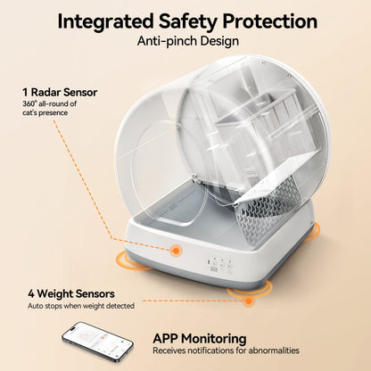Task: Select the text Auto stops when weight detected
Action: tap(79, 306)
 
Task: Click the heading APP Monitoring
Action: tap(201, 338)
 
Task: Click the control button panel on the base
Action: tap(221, 265)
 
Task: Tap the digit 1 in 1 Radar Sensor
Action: tap(25, 91)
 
